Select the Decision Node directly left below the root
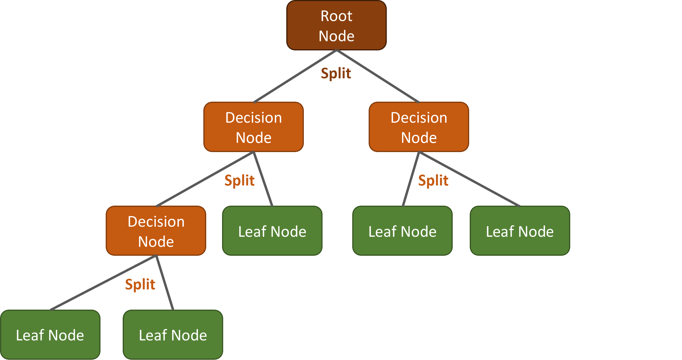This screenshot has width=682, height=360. click(x=253, y=127)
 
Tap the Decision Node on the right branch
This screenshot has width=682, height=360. click(x=419, y=127)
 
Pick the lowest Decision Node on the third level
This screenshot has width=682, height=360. click(x=156, y=231)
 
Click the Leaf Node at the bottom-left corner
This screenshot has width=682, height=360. click(x=50, y=335)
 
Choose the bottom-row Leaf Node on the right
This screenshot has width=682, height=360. click(x=173, y=335)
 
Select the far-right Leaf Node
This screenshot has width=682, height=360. click(x=520, y=231)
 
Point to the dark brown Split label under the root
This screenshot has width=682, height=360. click(x=336, y=73)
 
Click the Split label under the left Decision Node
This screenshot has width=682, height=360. click(x=239, y=181)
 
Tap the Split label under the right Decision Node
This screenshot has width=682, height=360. click(x=433, y=181)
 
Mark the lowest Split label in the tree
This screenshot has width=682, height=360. click(x=140, y=285)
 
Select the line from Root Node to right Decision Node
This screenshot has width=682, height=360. click(x=378, y=76)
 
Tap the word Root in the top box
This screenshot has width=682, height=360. click(x=336, y=16)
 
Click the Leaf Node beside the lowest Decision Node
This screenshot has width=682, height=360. click(x=272, y=231)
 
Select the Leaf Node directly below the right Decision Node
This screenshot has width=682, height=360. click(x=402, y=231)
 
